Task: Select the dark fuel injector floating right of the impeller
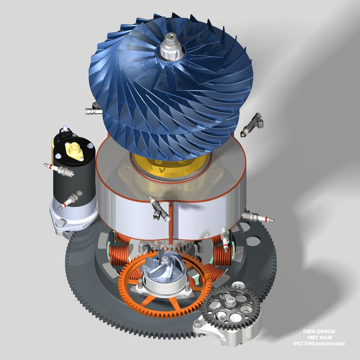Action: [251, 125]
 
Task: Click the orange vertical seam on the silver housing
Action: [169, 219]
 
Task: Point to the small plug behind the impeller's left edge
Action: [89, 111]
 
